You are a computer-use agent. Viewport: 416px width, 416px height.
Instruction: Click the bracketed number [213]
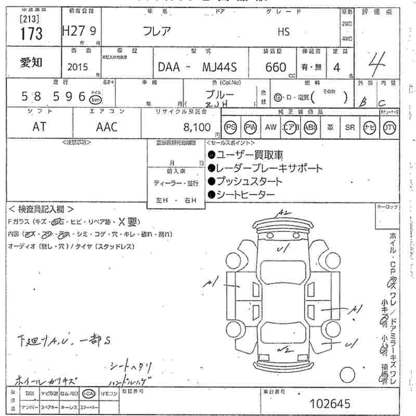point(31,19)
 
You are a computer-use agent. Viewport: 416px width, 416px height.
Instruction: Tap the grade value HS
point(283,32)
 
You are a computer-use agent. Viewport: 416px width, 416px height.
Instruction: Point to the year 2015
point(78,67)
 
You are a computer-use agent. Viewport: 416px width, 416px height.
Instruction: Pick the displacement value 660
point(276,67)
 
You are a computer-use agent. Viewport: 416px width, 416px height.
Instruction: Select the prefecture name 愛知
point(32,62)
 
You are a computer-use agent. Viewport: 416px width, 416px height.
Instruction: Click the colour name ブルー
point(219,95)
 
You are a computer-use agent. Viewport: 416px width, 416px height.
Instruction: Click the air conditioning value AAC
point(107,127)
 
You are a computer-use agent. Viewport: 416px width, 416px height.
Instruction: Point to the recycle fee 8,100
point(197,127)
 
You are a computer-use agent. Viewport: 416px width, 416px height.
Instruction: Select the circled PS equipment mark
point(230,127)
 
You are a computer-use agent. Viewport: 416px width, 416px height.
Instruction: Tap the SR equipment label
point(350,127)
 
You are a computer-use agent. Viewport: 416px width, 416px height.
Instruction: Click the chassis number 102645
point(330,403)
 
